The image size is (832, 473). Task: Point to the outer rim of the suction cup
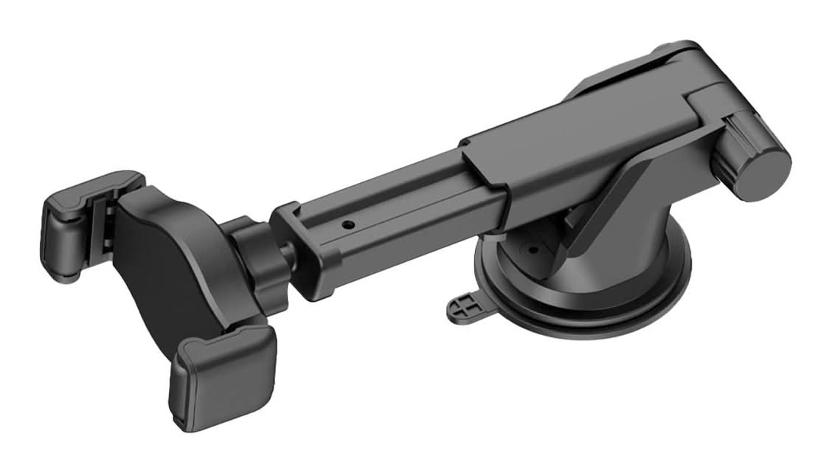(590, 325)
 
